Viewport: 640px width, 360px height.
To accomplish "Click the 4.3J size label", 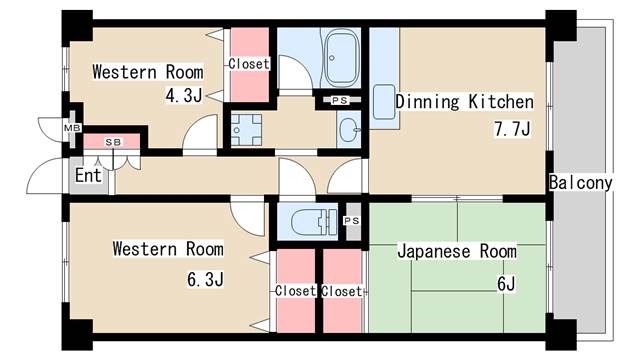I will (184, 97).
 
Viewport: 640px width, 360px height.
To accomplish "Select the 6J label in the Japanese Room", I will (505, 283).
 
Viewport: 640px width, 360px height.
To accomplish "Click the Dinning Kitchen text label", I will (464, 102).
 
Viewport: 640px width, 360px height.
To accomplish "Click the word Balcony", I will (580, 183).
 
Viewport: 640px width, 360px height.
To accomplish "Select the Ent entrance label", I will (87, 175).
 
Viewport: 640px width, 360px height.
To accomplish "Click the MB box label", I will (71, 128).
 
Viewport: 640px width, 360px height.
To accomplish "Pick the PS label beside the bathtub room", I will (339, 100).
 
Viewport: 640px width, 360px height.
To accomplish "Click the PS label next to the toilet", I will (351, 220).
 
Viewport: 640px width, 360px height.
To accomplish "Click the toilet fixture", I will (309, 220).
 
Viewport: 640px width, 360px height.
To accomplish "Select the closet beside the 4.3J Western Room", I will (248, 65).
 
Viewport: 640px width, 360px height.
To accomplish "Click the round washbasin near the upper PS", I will (347, 128).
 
